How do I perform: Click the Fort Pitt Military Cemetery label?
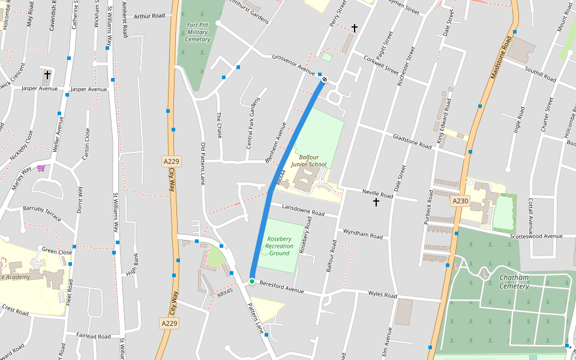[198, 32]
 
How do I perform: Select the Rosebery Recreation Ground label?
[280, 245]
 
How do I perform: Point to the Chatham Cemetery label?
[514, 281]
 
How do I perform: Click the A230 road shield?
[460, 201]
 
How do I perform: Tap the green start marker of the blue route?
[252, 281]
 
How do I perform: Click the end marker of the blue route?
[325, 79]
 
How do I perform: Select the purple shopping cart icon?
[41, 168]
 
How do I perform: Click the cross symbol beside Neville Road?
[376, 202]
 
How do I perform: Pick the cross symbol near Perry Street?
[355, 28]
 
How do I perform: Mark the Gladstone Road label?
[412, 142]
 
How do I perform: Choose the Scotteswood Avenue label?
[536, 236]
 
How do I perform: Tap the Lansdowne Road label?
[303, 210]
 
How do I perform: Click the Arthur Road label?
[149, 16]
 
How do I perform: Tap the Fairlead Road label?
[94, 337]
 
